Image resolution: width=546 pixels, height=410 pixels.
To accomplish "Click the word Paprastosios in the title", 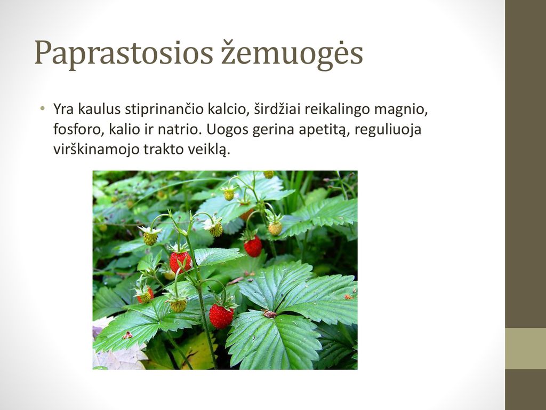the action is (x=124, y=53).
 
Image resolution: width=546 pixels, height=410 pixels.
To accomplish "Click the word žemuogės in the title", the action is (x=292, y=53).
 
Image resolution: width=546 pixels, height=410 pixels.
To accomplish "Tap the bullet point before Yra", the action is (x=43, y=108).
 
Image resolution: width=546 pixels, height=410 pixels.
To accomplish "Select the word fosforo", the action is (x=79, y=129).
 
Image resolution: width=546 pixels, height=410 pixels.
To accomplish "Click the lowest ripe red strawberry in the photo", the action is (x=221, y=316).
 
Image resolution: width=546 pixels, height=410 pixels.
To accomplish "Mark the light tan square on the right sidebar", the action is (x=525, y=348).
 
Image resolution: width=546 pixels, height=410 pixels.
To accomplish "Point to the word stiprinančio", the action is (x=164, y=110).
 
